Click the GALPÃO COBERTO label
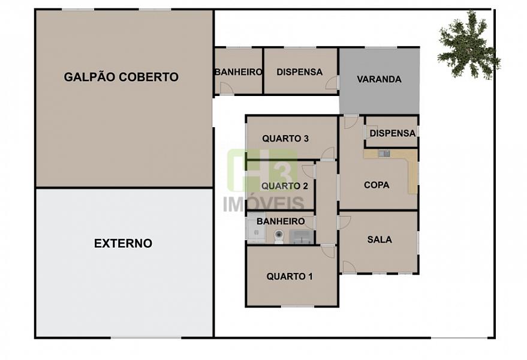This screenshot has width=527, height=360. coord(121,77)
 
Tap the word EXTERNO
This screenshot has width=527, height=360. coord(123,243)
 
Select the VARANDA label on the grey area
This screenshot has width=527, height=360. coord(379,79)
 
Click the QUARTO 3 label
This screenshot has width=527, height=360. coord(285,139)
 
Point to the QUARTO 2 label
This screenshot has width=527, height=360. coord(285,186)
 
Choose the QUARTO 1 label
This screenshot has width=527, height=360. coord(290,277)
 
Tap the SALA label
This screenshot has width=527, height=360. coord(380,239)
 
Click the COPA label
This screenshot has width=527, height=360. coord(377,185)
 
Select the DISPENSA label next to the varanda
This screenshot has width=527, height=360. coord(299,72)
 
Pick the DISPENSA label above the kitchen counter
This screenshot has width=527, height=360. coord(393,134)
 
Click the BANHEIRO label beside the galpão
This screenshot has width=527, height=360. coord(238,72)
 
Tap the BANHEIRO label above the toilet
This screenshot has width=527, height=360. coord(281,221)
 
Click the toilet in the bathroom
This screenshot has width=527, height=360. coord(279,236)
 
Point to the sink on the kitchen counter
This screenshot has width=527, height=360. coord(384,154)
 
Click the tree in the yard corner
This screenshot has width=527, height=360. coord(468,45)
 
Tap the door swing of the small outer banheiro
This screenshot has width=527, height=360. coord(226,88)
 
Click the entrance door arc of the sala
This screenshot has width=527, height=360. coord(349,267)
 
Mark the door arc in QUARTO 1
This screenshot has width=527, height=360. coord(328,251)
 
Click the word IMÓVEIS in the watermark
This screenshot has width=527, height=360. coord(264,204)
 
